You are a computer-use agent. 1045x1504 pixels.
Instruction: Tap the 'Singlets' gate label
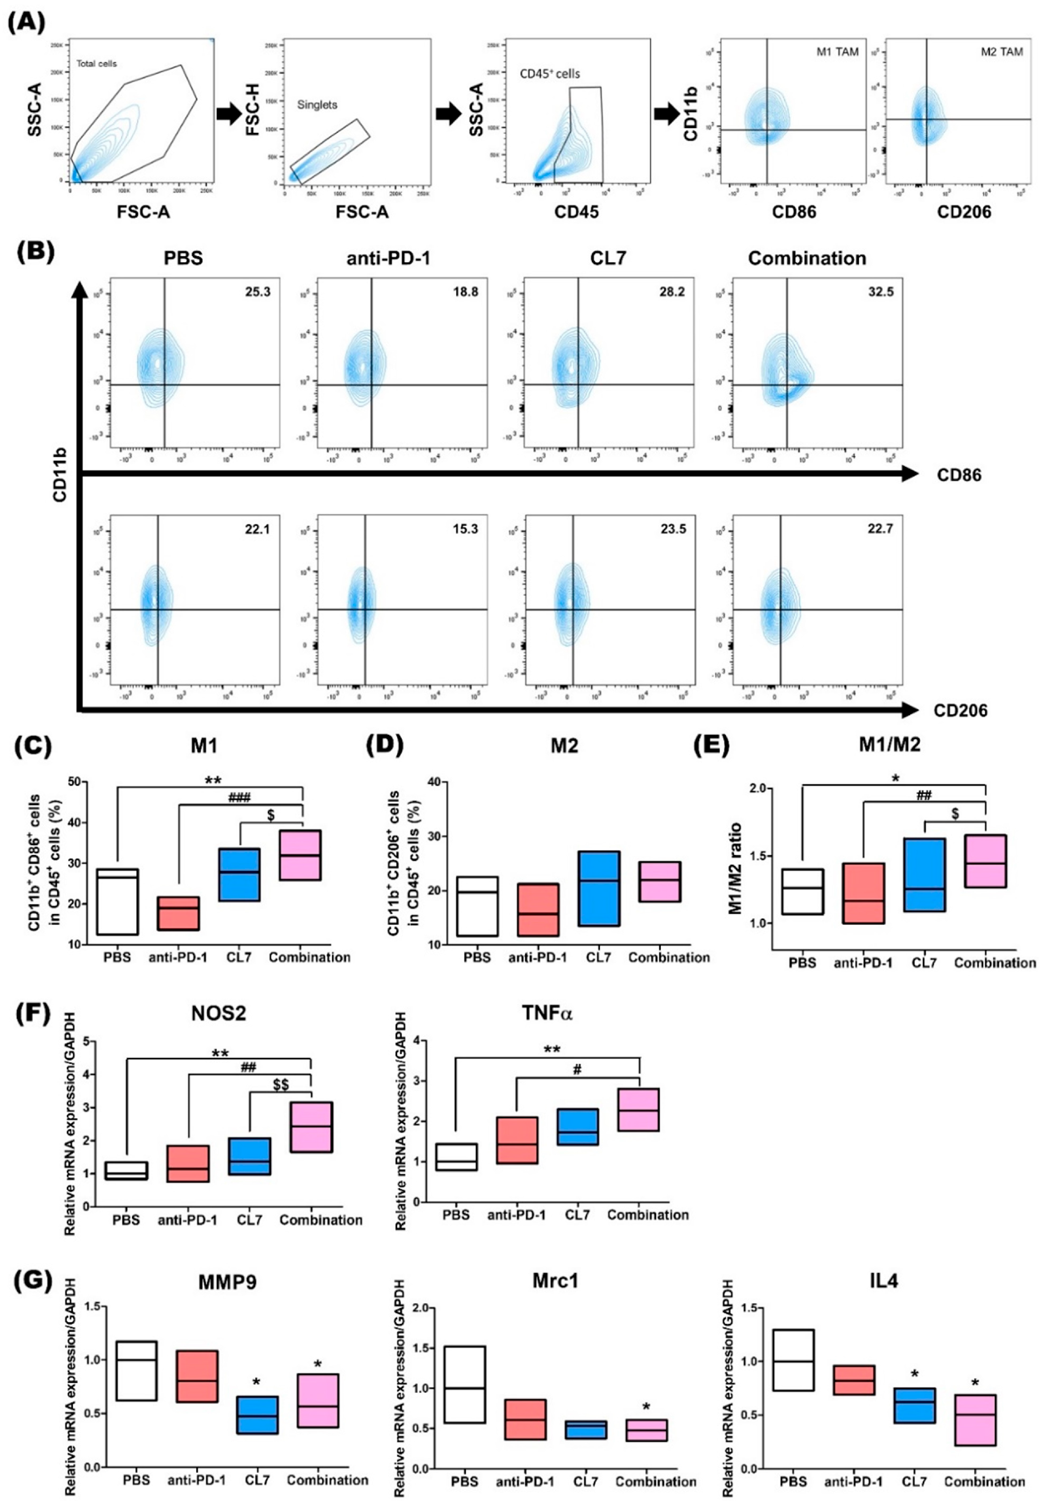317,105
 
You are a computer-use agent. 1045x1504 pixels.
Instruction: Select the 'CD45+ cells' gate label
550,73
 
